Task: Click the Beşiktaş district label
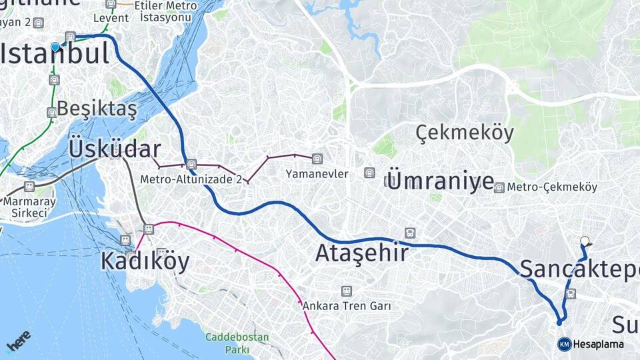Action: click(x=97, y=108)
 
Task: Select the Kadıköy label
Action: click(x=145, y=261)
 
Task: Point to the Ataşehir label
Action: click(x=361, y=253)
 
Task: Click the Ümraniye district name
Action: click(x=440, y=181)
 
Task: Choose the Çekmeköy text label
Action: click(x=465, y=133)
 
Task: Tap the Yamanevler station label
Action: click(x=317, y=174)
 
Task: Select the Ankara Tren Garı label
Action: click(x=347, y=306)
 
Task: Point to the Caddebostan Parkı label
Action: click(x=237, y=343)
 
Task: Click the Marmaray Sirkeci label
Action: click(x=29, y=207)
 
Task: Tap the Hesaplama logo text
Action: click(x=598, y=345)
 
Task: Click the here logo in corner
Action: click(x=18, y=341)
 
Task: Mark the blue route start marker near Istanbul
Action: click(x=55, y=47)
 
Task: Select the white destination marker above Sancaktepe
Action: click(x=585, y=241)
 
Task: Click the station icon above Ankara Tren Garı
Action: click(x=346, y=291)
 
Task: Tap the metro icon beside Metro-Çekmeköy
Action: click(x=499, y=188)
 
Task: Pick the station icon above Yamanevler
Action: click(x=317, y=159)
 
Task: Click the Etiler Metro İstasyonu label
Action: click(x=170, y=11)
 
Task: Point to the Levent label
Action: click(x=111, y=18)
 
